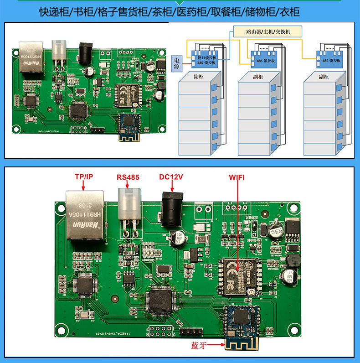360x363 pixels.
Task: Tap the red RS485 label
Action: click(128, 177)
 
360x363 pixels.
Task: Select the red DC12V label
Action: click(172, 177)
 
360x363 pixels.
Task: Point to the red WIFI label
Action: click(236, 177)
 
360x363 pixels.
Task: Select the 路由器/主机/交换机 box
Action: click(267, 32)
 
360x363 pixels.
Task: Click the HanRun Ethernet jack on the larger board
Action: click(85, 216)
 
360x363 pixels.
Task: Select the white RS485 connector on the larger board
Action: click(129, 205)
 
